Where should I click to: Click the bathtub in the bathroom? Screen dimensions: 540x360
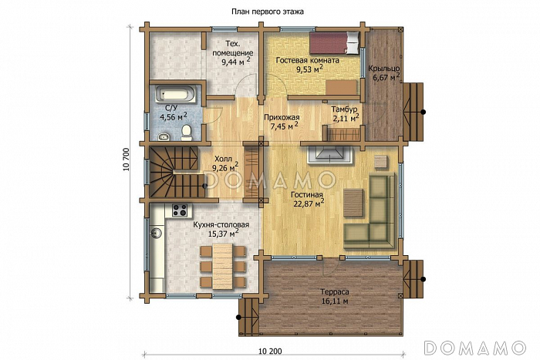[176, 93]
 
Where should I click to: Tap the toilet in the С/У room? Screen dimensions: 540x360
[187, 133]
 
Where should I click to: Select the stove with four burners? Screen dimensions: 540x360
[180, 210]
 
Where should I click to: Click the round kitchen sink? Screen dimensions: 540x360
[155, 233]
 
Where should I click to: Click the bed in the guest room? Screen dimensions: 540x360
[334, 43]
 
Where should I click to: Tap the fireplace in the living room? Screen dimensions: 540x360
[330, 154]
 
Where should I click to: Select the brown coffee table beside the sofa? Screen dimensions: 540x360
[353, 203]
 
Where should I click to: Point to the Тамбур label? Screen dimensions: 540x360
[344, 109]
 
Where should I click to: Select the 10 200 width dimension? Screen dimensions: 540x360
[270, 352]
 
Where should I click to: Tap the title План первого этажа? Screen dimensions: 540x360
[267, 12]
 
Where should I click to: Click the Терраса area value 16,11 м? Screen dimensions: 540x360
[334, 301]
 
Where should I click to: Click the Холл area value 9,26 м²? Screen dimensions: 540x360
[225, 167]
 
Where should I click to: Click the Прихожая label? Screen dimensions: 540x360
[282, 117]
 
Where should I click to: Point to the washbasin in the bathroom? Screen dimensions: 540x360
[164, 137]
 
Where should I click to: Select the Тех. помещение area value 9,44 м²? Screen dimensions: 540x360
[235, 62]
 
